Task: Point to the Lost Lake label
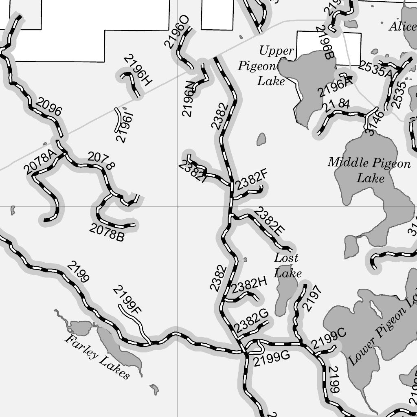[287, 265]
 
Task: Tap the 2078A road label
[39, 162]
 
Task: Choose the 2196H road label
[138, 70]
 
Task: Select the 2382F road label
[252, 179]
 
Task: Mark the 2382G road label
[251, 321]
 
